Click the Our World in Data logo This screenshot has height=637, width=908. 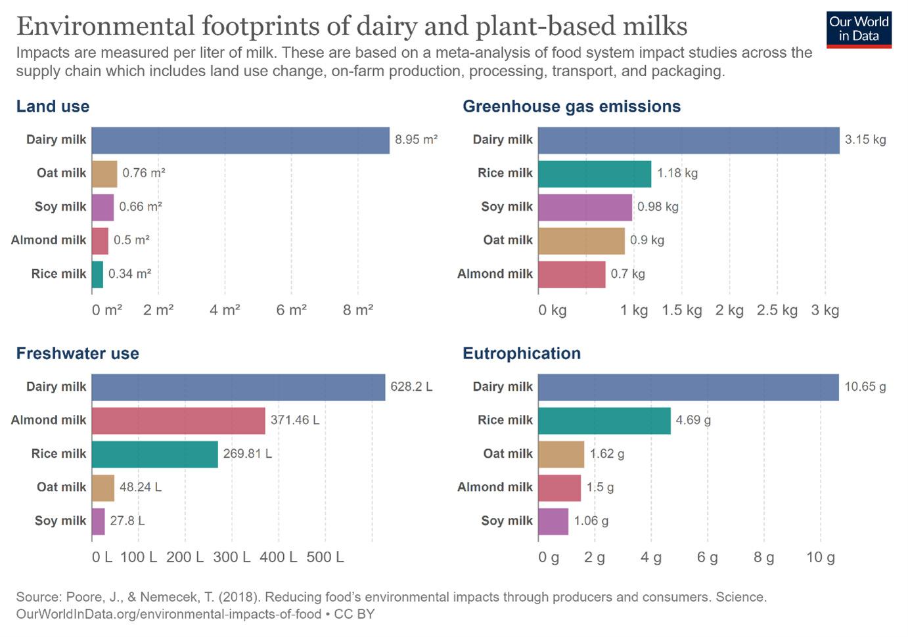click(x=859, y=29)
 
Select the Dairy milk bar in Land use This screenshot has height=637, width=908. click(x=240, y=140)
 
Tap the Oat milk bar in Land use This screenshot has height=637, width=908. click(x=104, y=173)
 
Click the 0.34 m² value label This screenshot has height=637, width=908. click(x=129, y=274)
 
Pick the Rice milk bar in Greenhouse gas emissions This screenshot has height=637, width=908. click(x=595, y=173)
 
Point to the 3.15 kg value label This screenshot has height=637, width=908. click(x=865, y=140)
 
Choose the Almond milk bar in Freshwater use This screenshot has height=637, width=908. click(x=178, y=420)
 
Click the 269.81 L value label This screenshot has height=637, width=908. click(x=247, y=454)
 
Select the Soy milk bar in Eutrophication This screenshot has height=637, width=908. click(x=553, y=521)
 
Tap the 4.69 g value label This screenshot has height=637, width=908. click(x=693, y=420)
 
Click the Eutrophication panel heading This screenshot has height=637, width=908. click(x=522, y=353)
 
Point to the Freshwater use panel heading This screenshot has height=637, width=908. click(x=78, y=353)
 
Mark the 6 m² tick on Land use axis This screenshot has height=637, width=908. click(x=292, y=310)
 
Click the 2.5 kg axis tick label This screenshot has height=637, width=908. click(x=777, y=310)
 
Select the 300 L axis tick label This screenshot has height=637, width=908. click(x=232, y=558)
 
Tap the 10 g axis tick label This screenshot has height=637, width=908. click(x=820, y=558)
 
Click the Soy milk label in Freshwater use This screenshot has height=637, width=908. click(x=60, y=521)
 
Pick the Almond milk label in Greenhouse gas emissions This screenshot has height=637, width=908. click(x=495, y=274)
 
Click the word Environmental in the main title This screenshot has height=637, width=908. click(x=105, y=26)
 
